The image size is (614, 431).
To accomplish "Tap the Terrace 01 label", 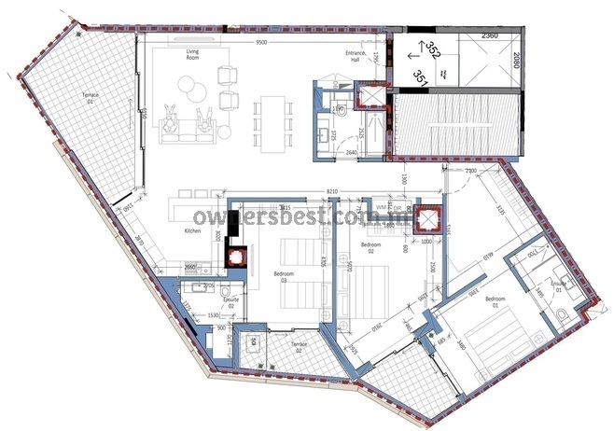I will pyautogui.click(x=90, y=97).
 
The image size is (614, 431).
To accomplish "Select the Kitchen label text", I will pyautogui.click(x=193, y=230).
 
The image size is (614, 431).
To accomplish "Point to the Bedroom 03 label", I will pyautogui.click(x=285, y=274).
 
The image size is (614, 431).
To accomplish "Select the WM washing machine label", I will pyautogui.click(x=380, y=205).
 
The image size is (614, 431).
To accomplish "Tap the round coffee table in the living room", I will pyautogui.click(x=185, y=89).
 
